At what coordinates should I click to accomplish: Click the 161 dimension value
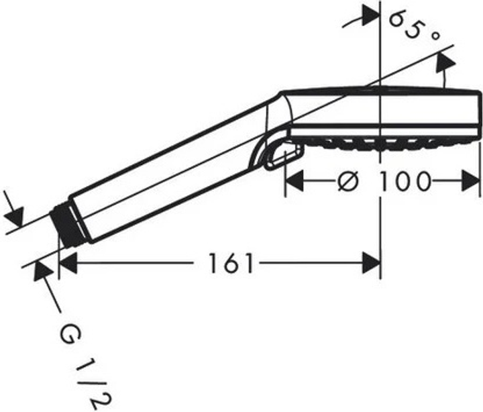coord(231,263)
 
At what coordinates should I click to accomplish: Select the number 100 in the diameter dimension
coord(404,181)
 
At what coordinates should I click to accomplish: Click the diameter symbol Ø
coord(348,181)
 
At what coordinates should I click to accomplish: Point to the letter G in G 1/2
coord(70,336)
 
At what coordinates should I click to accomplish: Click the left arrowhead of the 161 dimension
coord(68,262)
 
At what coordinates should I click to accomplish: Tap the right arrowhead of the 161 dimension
coord(372,262)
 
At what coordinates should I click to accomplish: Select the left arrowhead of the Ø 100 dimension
coord(294,181)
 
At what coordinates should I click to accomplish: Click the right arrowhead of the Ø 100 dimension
coord(471,181)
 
